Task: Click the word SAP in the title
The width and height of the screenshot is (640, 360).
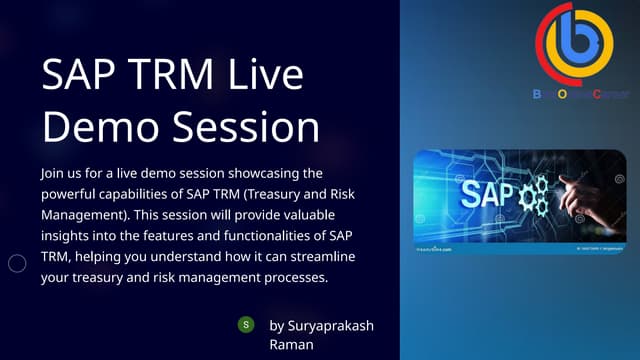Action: click(79, 78)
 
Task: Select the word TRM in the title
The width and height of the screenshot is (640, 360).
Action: click(177, 78)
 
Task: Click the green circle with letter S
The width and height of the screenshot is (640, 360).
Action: click(244, 325)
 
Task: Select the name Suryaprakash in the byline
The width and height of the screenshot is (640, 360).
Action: click(332, 325)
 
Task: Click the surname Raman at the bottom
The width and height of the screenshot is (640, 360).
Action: click(292, 344)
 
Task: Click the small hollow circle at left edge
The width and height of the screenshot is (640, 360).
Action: click(17, 264)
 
